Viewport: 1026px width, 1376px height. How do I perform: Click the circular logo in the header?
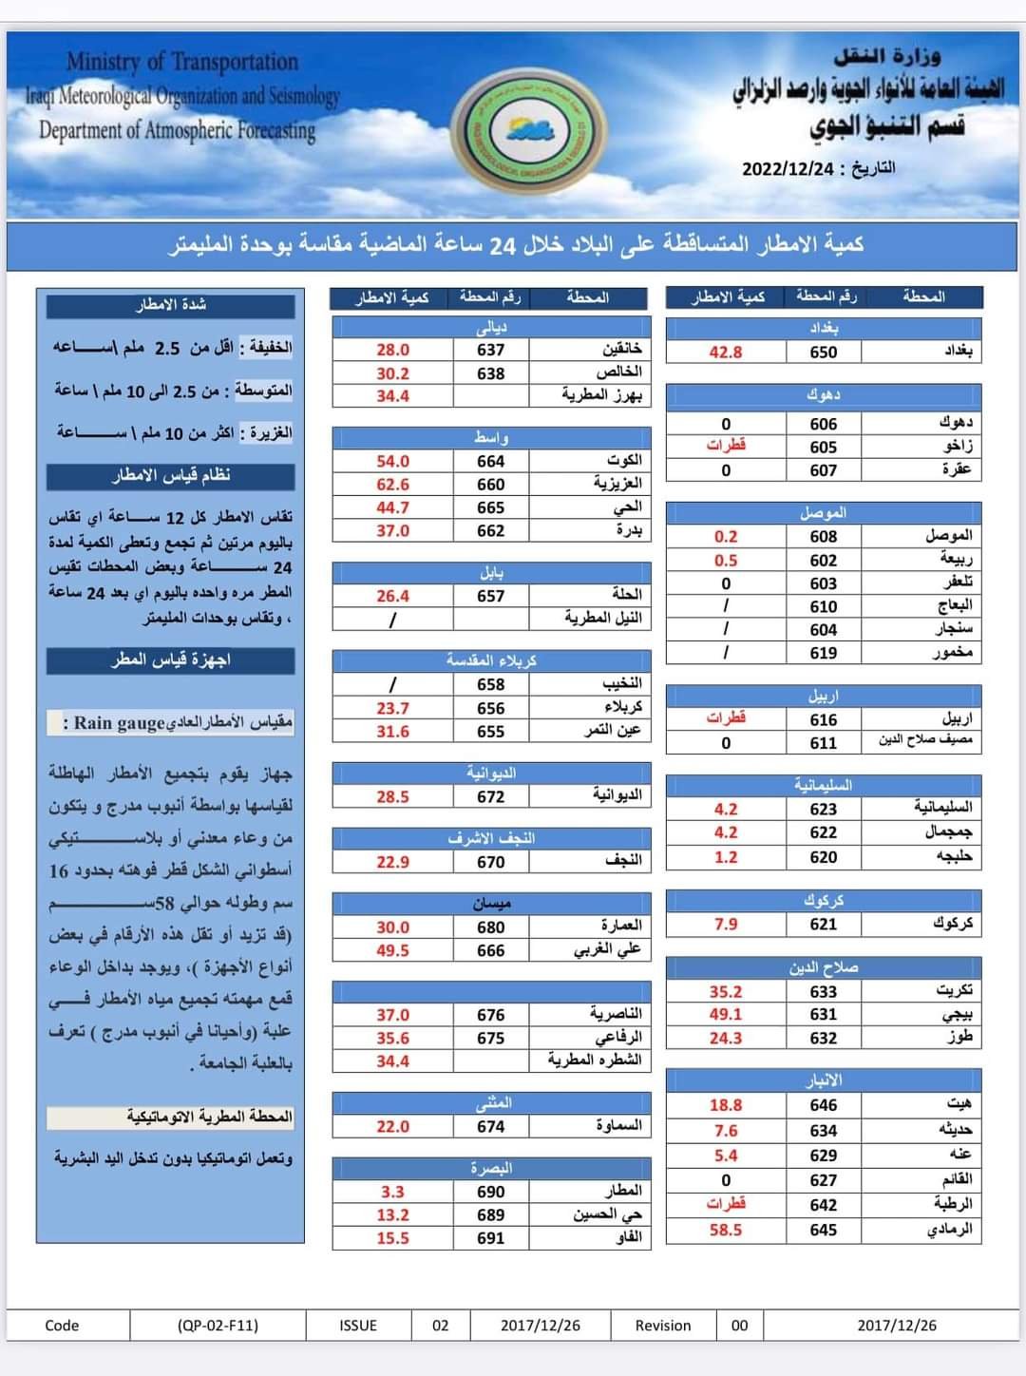pyautogui.click(x=525, y=128)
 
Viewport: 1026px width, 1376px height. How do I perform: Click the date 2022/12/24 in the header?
pyautogui.click(x=788, y=169)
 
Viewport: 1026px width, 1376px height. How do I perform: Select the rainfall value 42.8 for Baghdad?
pyautogui.click(x=726, y=352)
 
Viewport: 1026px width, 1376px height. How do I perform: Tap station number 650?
pyautogui.click(x=824, y=352)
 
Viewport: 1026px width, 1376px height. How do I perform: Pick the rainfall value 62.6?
pyautogui.click(x=392, y=484)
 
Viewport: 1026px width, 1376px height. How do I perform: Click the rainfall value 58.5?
pyautogui.click(x=726, y=1230)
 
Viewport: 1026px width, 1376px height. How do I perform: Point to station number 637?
pyautogui.click(x=490, y=350)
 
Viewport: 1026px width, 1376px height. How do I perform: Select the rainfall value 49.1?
pyautogui.click(x=726, y=1014)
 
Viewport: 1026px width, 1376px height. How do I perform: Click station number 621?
pyautogui.click(x=824, y=924)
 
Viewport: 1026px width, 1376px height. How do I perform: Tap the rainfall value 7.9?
pyautogui.click(x=726, y=924)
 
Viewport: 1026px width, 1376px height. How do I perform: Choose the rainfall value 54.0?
pyautogui.click(x=392, y=461)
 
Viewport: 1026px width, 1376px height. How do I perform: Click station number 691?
pyautogui.click(x=490, y=1237)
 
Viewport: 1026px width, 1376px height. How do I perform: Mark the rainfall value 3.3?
pyautogui.click(x=392, y=1192)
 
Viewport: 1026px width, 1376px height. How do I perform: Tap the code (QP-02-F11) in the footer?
pyautogui.click(x=218, y=1325)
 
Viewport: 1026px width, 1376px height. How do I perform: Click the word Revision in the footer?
pyautogui.click(x=663, y=1325)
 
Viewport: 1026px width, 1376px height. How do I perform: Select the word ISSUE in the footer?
pyautogui.click(x=358, y=1325)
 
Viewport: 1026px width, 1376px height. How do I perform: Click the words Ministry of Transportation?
pyautogui.click(x=182, y=63)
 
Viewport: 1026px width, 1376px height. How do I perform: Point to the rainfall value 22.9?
pyautogui.click(x=392, y=862)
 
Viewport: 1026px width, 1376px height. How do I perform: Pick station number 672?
pyautogui.click(x=490, y=796)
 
